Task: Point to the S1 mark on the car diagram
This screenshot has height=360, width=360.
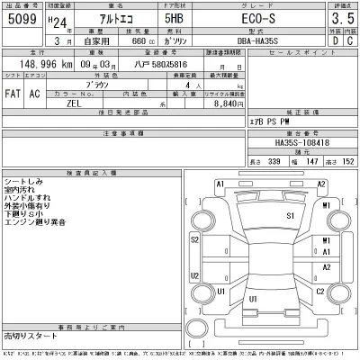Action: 290,217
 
